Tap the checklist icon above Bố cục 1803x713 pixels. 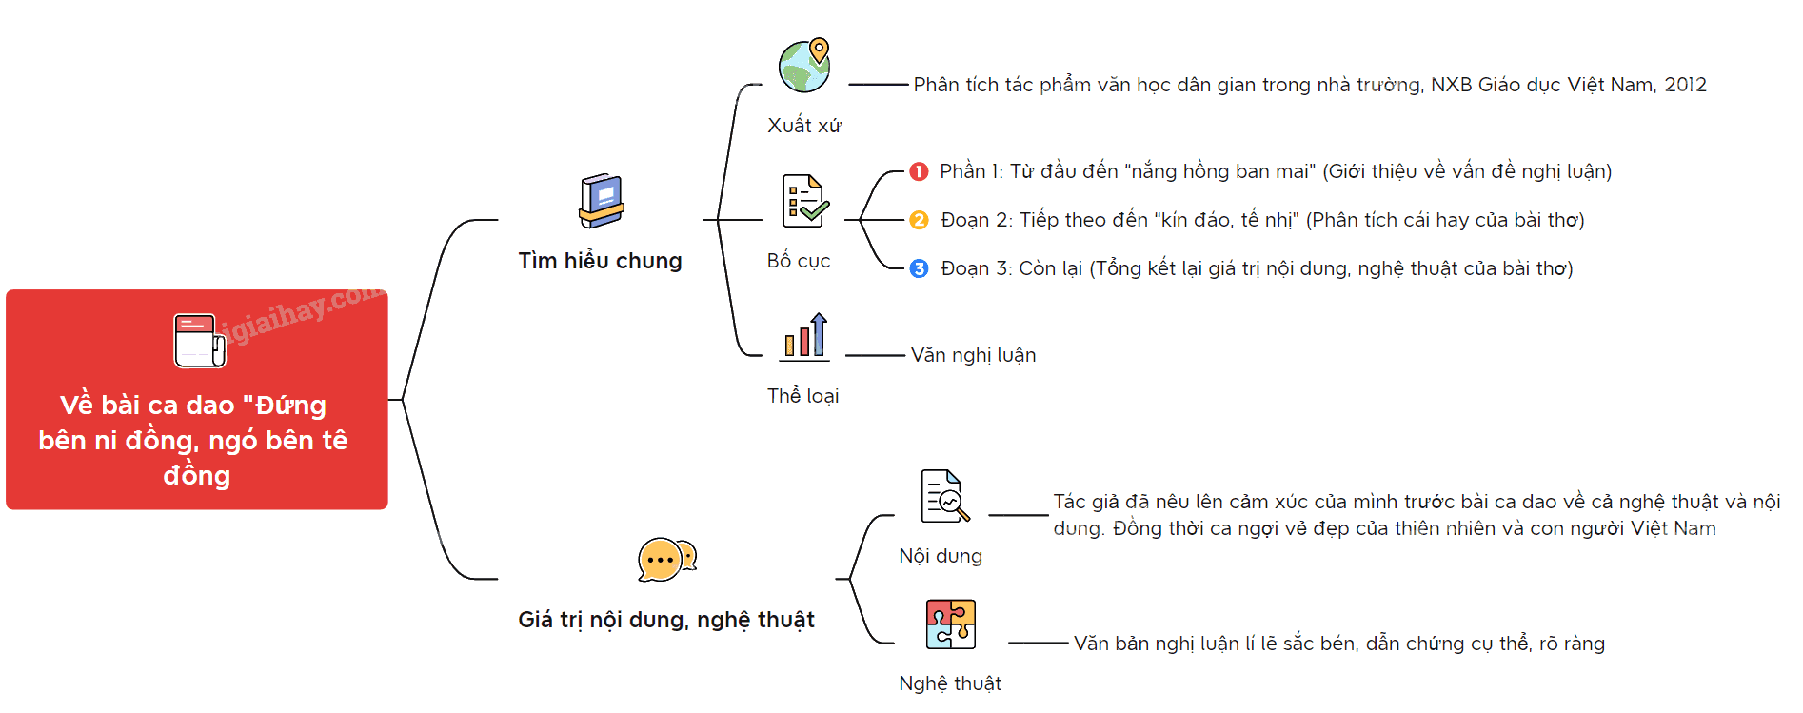click(805, 201)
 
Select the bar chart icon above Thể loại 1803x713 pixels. click(804, 336)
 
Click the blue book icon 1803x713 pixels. click(602, 201)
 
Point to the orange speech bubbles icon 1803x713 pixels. click(666, 559)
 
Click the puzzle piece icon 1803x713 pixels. click(951, 624)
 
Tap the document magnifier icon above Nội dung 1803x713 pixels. click(944, 496)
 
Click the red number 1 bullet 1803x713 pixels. click(919, 171)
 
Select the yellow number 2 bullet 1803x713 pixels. click(919, 220)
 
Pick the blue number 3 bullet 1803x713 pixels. click(919, 268)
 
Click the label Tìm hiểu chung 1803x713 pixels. click(600, 261)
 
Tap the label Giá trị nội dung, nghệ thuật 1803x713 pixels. click(666, 620)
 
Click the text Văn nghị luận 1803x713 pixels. click(973, 355)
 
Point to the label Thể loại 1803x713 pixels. click(803, 396)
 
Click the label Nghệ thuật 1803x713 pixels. click(950, 683)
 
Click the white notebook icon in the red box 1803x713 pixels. click(200, 341)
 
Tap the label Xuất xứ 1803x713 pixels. click(804, 126)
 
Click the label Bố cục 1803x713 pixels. click(799, 261)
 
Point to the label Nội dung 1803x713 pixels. click(941, 556)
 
